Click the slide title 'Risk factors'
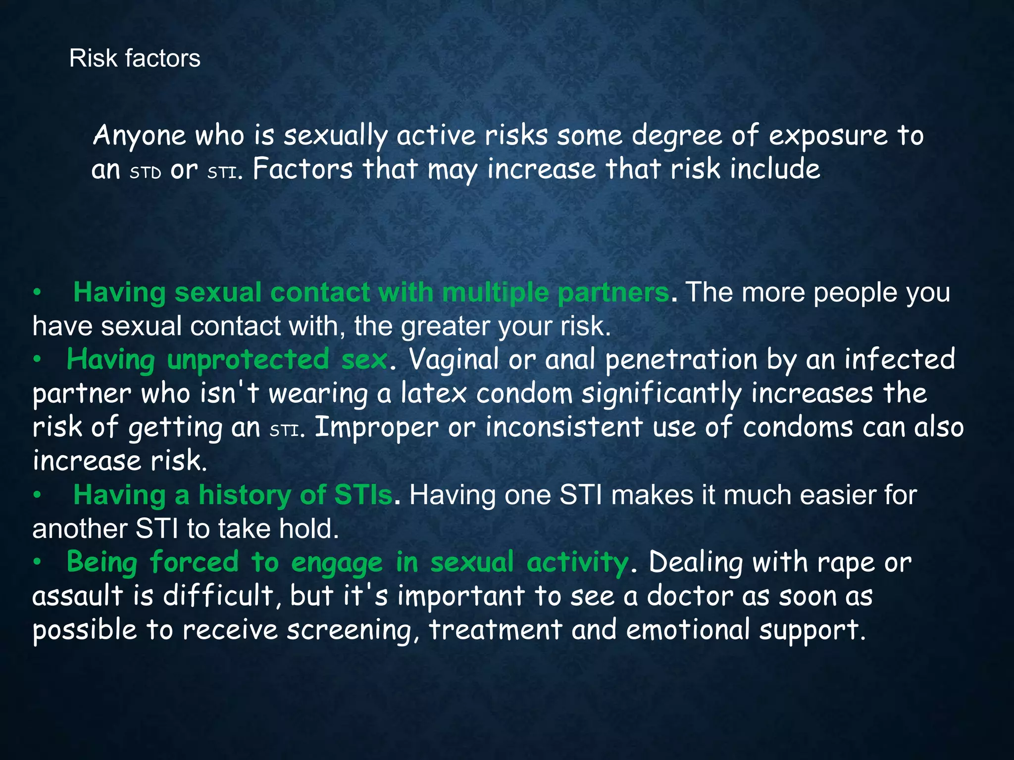click(135, 58)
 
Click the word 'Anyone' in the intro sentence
click(139, 136)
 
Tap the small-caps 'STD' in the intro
click(146, 173)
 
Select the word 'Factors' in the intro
click(303, 169)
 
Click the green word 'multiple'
click(495, 292)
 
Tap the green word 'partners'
click(613, 292)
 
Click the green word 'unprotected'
click(248, 360)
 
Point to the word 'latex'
click(433, 394)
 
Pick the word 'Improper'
click(376, 427)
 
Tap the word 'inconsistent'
click(564, 427)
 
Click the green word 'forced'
click(194, 563)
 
